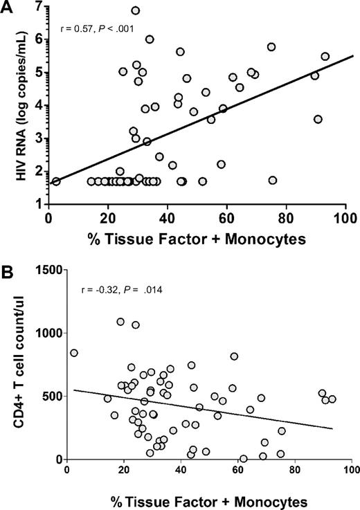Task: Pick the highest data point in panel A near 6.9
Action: (136, 10)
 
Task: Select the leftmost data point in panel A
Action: (56, 181)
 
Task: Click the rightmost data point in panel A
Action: (325, 57)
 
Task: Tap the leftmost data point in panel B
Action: (74, 352)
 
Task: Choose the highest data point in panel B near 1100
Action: (120, 321)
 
